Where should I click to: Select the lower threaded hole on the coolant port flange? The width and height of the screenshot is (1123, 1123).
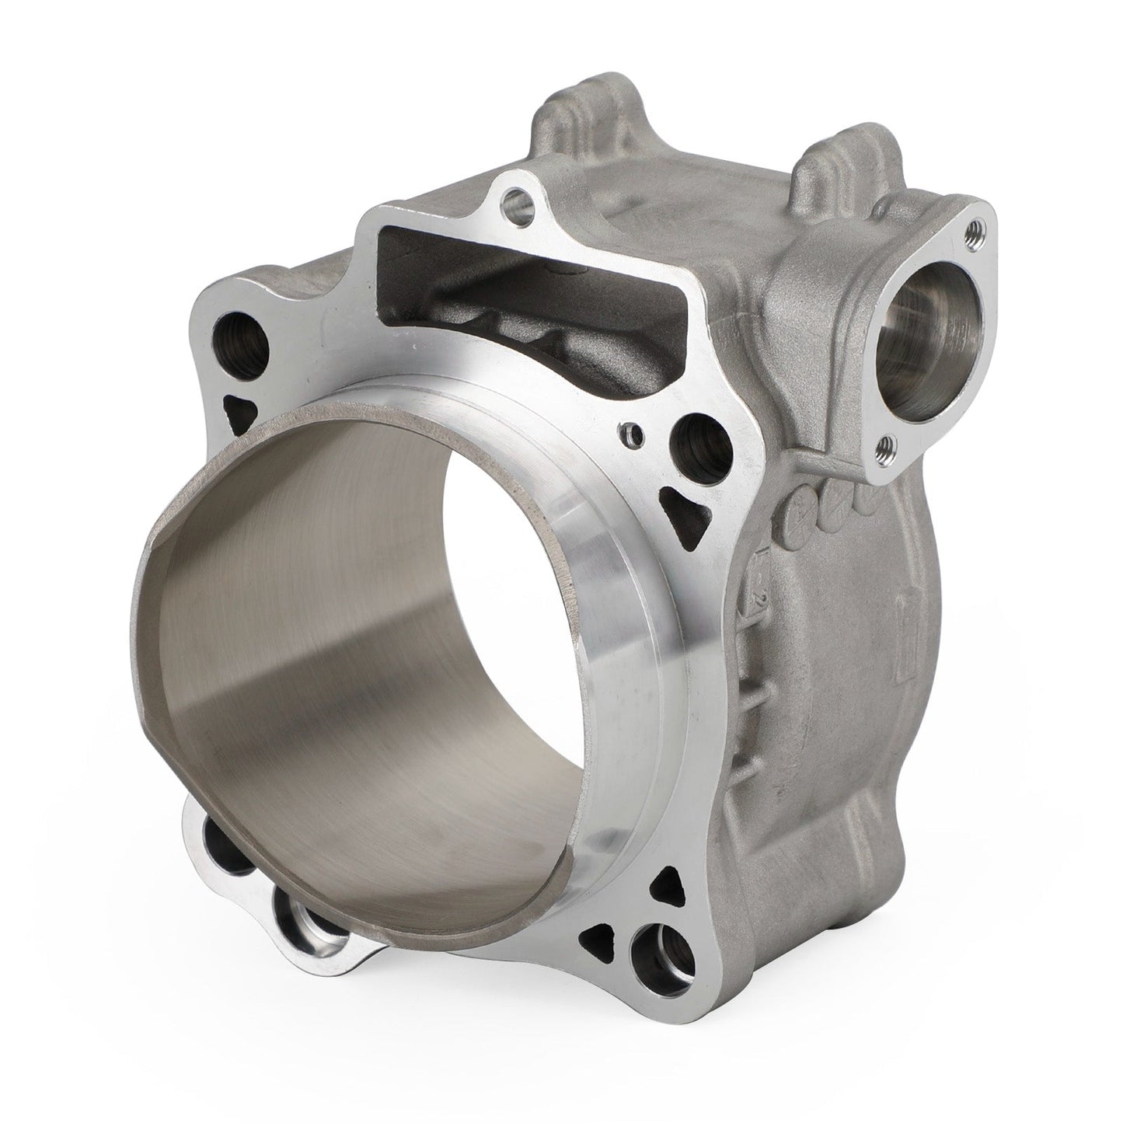(884, 446)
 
